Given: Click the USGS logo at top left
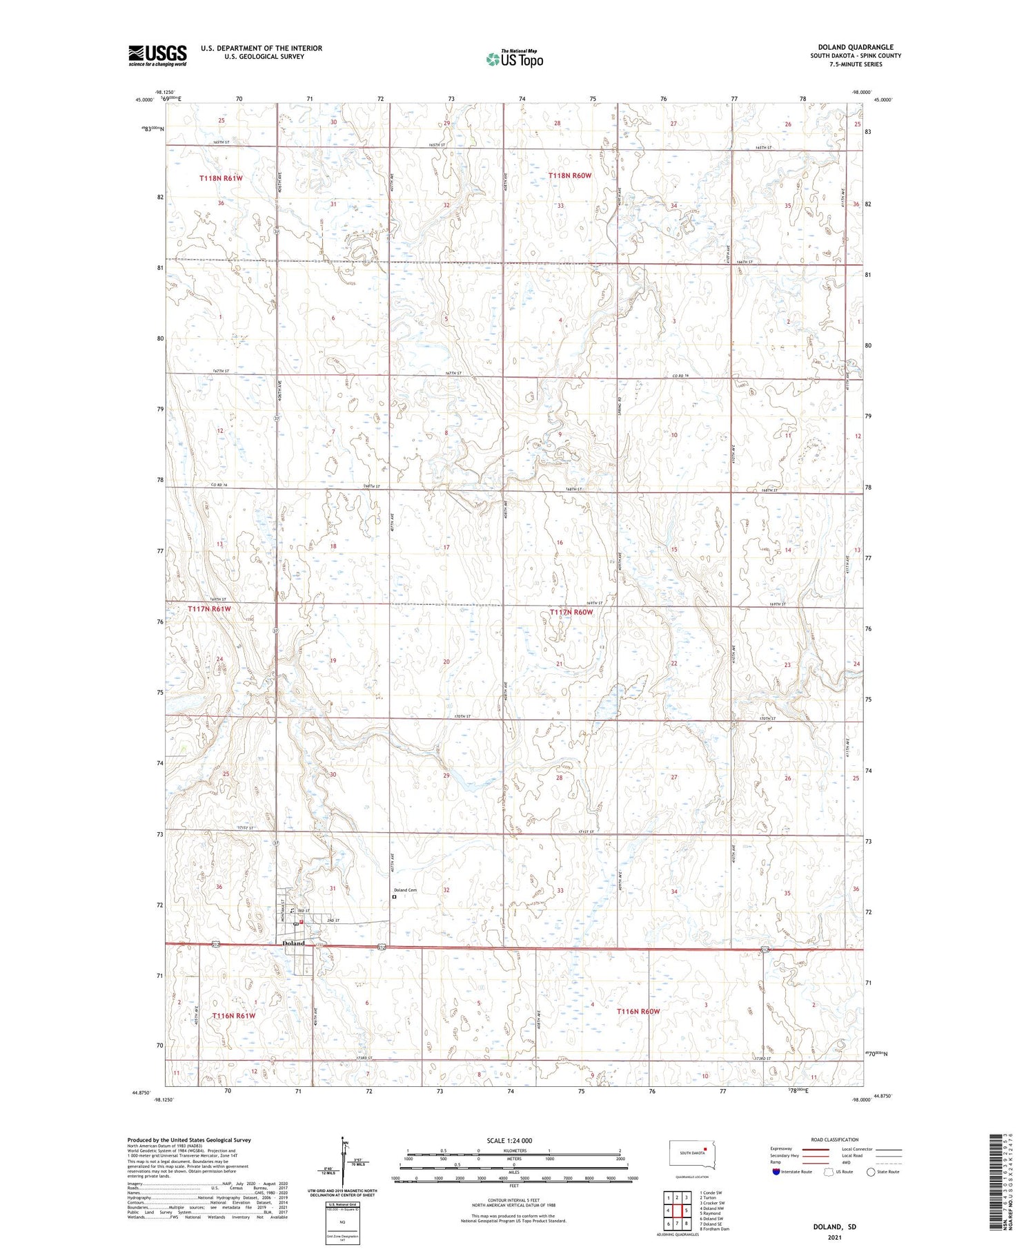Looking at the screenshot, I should tap(157, 55).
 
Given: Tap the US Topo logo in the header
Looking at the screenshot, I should tap(515, 59).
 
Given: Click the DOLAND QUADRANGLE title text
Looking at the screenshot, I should tap(855, 47).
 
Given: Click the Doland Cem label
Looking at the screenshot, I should tap(405, 890).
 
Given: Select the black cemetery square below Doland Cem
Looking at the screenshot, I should tap(395, 898).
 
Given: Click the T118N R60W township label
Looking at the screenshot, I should tap(570, 176).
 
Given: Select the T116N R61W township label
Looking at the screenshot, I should tap(234, 1016).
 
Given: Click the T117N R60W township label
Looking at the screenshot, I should tap(571, 613).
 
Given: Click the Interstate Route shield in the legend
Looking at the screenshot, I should tap(776, 1171).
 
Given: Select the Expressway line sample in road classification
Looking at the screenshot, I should tap(819, 1149).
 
